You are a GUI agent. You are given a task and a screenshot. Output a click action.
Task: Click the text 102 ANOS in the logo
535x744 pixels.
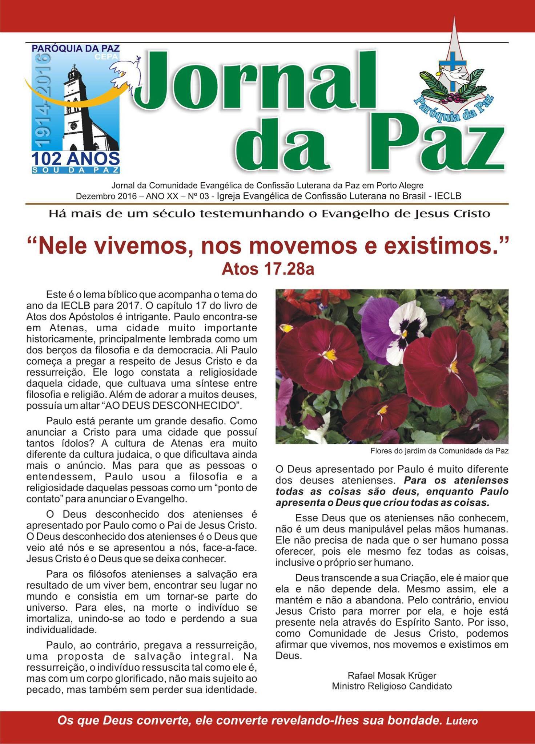tap(76, 159)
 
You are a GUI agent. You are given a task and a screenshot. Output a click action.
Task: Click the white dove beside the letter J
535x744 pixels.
tap(125, 71)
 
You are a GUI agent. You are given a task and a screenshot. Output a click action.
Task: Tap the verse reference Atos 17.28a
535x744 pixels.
tap(267, 270)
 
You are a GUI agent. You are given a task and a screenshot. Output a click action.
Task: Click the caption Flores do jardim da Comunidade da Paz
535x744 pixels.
tap(439, 451)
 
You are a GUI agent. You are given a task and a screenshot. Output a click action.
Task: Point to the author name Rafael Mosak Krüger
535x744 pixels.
tap(392, 675)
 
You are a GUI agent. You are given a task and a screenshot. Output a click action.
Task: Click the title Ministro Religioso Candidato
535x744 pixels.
tap(392, 686)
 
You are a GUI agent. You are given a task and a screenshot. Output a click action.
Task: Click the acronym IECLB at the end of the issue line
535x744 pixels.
tap(448, 197)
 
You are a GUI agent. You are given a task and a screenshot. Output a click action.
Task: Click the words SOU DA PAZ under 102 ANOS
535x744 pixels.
tap(76, 170)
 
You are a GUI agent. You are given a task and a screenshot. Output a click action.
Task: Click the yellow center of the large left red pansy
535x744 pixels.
tap(330, 354)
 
